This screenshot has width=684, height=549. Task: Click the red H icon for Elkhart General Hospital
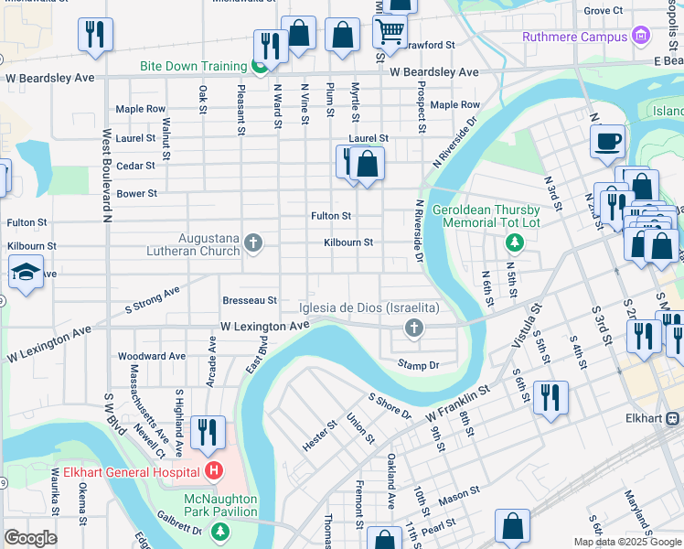tap(214, 472)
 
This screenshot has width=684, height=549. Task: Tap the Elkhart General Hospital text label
tap(126, 472)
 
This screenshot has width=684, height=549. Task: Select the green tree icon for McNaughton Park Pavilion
tap(219, 531)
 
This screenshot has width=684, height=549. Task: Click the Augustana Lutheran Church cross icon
tap(254, 242)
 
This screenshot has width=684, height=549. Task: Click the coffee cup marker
tap(607, 143)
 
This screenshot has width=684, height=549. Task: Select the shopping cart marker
tap(390, 31)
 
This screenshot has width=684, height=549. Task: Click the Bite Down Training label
tap(193, 67)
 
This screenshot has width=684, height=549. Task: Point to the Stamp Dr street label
tap(419, 365)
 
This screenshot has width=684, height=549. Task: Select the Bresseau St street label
tap(249, 300)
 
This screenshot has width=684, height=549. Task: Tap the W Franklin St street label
tap(458, 404)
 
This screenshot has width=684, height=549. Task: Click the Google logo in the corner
tap(30, 538)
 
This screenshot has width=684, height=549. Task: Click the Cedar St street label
tap(135, 166)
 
